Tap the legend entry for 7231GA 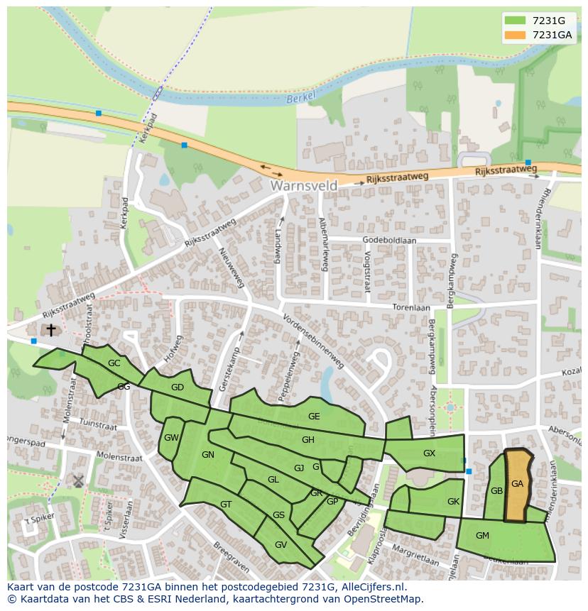(x=552, y=35)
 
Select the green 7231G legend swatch (x=515, y=20)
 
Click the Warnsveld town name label (x=304, y=185)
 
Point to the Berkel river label (x=300, y=100)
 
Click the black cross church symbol (x=50, y=330)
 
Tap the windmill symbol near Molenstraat (x=78, y=481)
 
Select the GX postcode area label (x=429, y=453)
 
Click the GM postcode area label (x=482, y=536)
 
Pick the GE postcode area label (x=314, y=417)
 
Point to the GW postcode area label (x=171, y=438)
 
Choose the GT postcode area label (x=226, y=505)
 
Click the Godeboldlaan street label (x=389, y=240)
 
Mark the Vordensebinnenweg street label (x=313, y=341)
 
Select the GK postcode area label (x=453, y=502)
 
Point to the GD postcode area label (x=178, y=387)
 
